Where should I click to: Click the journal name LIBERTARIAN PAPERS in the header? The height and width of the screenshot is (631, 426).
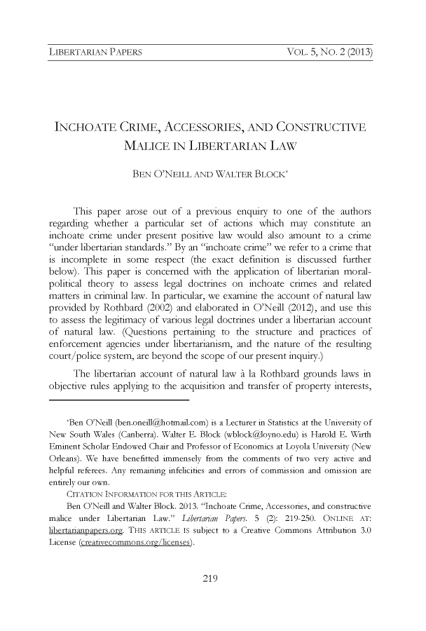pos(94,53)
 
